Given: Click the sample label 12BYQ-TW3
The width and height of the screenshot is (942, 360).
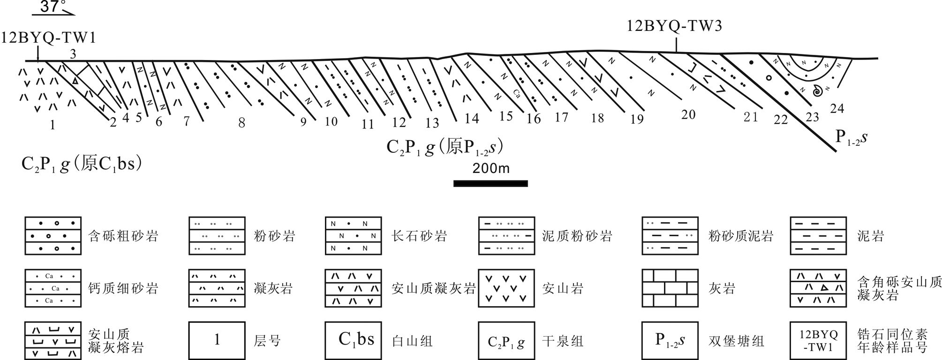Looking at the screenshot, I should coord(674,25).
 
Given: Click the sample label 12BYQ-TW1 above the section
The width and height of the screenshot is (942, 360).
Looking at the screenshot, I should coord(49,37).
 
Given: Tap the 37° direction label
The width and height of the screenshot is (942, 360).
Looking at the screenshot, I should coord(53,7).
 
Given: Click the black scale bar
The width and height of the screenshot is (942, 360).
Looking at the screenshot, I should coord(490,183).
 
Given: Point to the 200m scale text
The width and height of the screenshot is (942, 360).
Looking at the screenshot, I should coord(490,168).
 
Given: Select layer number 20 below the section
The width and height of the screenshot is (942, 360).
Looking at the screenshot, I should coord(688,114).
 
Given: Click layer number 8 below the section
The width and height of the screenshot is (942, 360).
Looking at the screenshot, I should coord(241,123).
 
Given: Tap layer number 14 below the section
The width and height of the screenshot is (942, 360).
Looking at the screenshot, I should coord(472,119).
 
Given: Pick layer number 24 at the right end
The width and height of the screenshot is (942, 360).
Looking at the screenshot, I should coord(837,109).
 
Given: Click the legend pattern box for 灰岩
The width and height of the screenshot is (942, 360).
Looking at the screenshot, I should coord(670,288).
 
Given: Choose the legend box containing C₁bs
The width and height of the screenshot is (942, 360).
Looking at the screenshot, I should coord(353,340).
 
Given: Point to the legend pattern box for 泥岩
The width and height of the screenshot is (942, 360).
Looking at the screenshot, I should coord(818,236).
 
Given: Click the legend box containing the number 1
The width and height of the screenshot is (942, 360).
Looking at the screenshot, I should coord(217,340).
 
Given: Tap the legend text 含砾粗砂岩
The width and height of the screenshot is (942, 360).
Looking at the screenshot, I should coord(123,236).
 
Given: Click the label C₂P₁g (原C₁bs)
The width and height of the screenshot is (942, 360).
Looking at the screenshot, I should coord(82,165).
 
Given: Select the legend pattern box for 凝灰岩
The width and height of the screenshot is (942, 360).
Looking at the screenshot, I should coord(217,288).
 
